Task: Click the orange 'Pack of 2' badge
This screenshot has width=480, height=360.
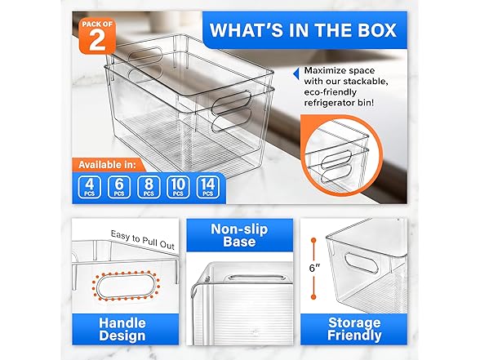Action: tap(97, 36)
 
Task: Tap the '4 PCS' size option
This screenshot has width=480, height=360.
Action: tap(90, 187)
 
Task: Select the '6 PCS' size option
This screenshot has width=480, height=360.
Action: tap(119, 187)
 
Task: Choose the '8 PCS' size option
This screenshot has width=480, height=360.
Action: tap(149, 187)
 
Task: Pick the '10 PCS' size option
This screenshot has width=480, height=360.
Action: tap(178, 187)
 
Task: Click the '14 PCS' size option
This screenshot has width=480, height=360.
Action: tap(207, 187)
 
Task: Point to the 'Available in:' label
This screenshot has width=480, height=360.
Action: tap(107, 165)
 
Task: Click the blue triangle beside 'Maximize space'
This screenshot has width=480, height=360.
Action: tap(296, 74)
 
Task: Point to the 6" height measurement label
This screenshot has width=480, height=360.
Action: tap(314, 268)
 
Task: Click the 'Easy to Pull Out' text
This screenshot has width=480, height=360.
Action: tap(142, 240)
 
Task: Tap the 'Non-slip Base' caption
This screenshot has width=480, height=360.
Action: tap(239, 235)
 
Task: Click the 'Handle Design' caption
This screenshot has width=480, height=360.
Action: tap(122, 329)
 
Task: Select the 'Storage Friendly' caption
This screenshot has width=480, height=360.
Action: tap(354, 329)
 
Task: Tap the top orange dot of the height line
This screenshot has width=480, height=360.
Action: tap(313, 241)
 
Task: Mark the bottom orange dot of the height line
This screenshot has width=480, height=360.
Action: tap(313, 296)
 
